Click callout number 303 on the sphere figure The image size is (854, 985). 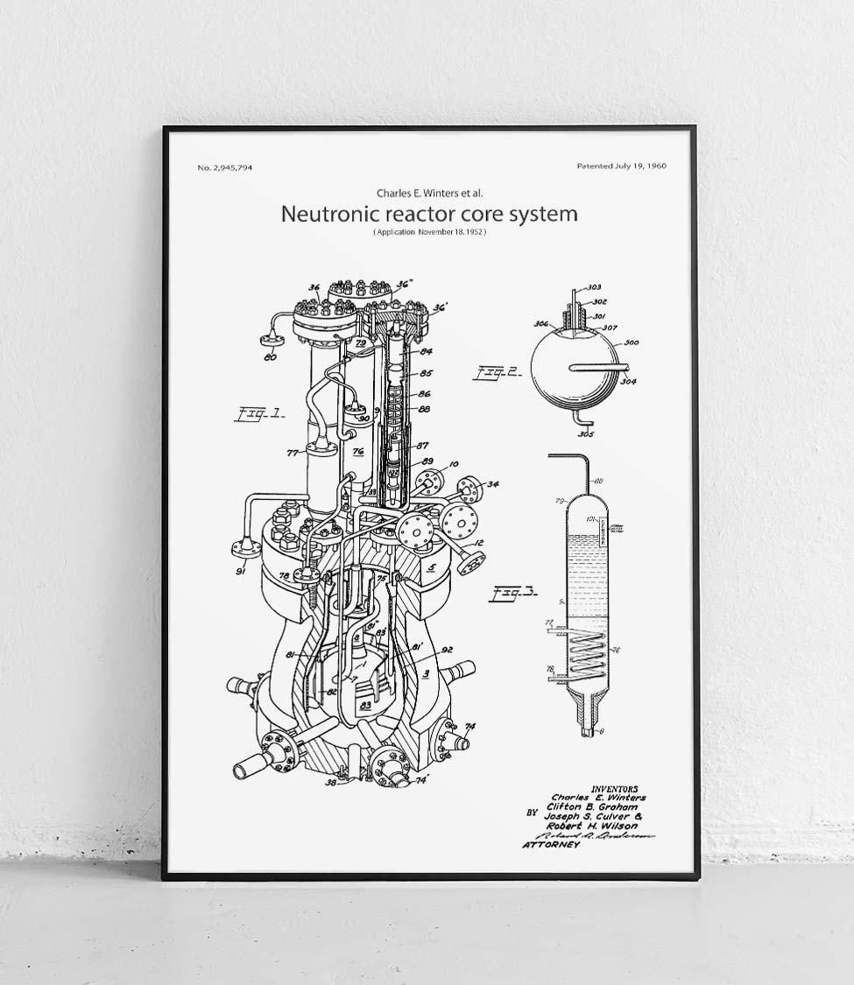coord(593,287)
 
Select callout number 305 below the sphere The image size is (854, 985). coord(586,434)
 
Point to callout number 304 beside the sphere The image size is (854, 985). coord(628,381)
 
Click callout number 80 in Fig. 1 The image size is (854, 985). coord(270,356)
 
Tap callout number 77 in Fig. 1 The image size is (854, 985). coord(293,453)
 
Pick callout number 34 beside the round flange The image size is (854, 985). coord(493,484)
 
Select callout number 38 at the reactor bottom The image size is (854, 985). coord(330,783)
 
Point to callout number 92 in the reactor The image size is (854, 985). coord(446,650)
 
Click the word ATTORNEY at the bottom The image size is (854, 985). coord(551,845)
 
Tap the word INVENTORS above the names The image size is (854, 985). coord(615,789)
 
